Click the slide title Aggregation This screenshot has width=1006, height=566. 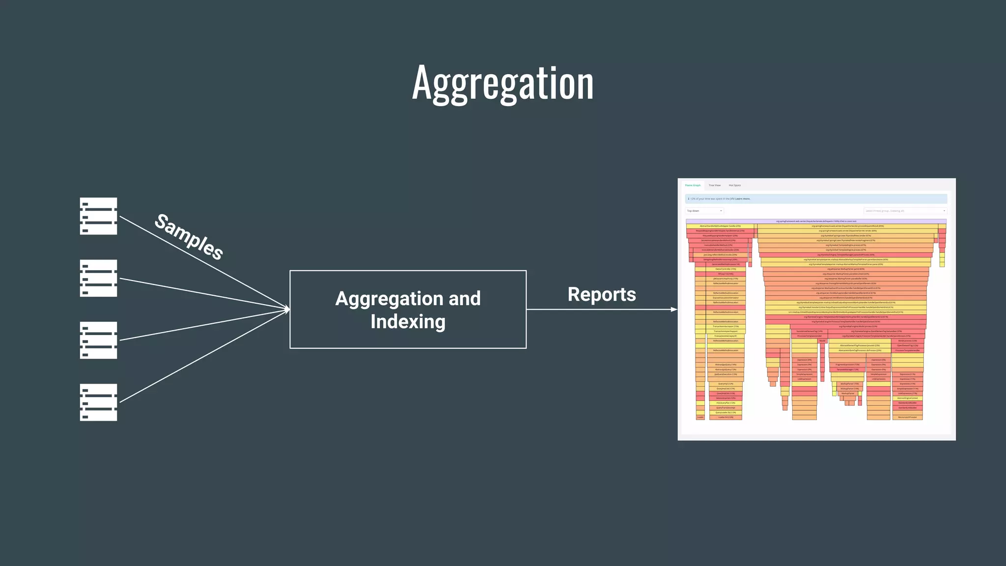coord(503,84)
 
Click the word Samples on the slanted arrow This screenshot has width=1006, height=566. coord(189,236)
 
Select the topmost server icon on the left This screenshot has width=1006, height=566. coord(98,216)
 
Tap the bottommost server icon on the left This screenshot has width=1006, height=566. coord(98,402)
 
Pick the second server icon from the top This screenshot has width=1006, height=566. coord(98,278)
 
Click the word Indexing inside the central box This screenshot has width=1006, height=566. coord(408,322)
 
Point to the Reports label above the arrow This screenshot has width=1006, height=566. coord(601,294)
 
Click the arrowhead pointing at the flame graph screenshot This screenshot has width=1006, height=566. coord(674,310)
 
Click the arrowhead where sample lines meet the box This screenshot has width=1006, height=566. coord(286,310)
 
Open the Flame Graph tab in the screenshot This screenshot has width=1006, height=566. coord(693,185)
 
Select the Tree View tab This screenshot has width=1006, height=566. coord(714,185)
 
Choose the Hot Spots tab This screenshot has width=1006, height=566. coord(734,185)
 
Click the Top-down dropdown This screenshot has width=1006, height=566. coord(704,211)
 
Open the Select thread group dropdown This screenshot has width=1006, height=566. coord(905,211)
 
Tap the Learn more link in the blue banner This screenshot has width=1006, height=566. coord(743,199)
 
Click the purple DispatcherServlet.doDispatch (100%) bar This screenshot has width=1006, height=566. coord(816,221)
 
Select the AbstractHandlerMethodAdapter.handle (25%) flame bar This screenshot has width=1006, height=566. coord(720,226)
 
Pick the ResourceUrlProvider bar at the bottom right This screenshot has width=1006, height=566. coord(907,417)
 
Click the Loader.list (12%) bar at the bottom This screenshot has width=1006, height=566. coord(726,417)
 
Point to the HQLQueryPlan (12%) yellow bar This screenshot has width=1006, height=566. coord(726,403)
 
